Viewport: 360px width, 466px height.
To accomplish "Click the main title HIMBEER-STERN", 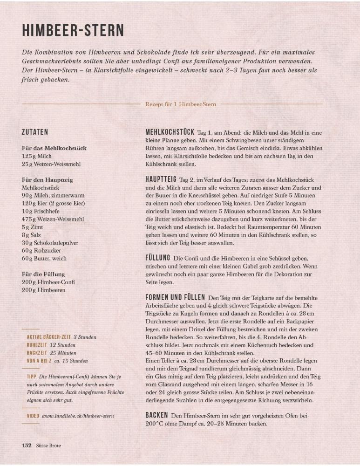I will (73, 30).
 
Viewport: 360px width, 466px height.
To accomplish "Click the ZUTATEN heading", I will (35, 132).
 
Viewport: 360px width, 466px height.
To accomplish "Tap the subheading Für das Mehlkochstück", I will (54, 148).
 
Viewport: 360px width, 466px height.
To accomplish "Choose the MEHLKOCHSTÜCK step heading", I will (170, 132).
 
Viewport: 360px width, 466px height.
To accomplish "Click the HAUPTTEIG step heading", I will (161, 179).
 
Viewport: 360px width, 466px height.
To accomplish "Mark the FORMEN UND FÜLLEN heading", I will (175, 297).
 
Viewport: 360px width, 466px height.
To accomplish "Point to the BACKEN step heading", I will (156, 415).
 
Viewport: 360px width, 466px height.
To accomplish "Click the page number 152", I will (27, 445).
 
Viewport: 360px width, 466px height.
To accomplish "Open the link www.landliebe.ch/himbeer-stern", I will (78, 416).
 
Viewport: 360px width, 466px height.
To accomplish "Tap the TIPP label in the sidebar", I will (32, 376).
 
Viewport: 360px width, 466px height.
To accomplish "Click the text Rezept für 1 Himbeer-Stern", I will (181, 104).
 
